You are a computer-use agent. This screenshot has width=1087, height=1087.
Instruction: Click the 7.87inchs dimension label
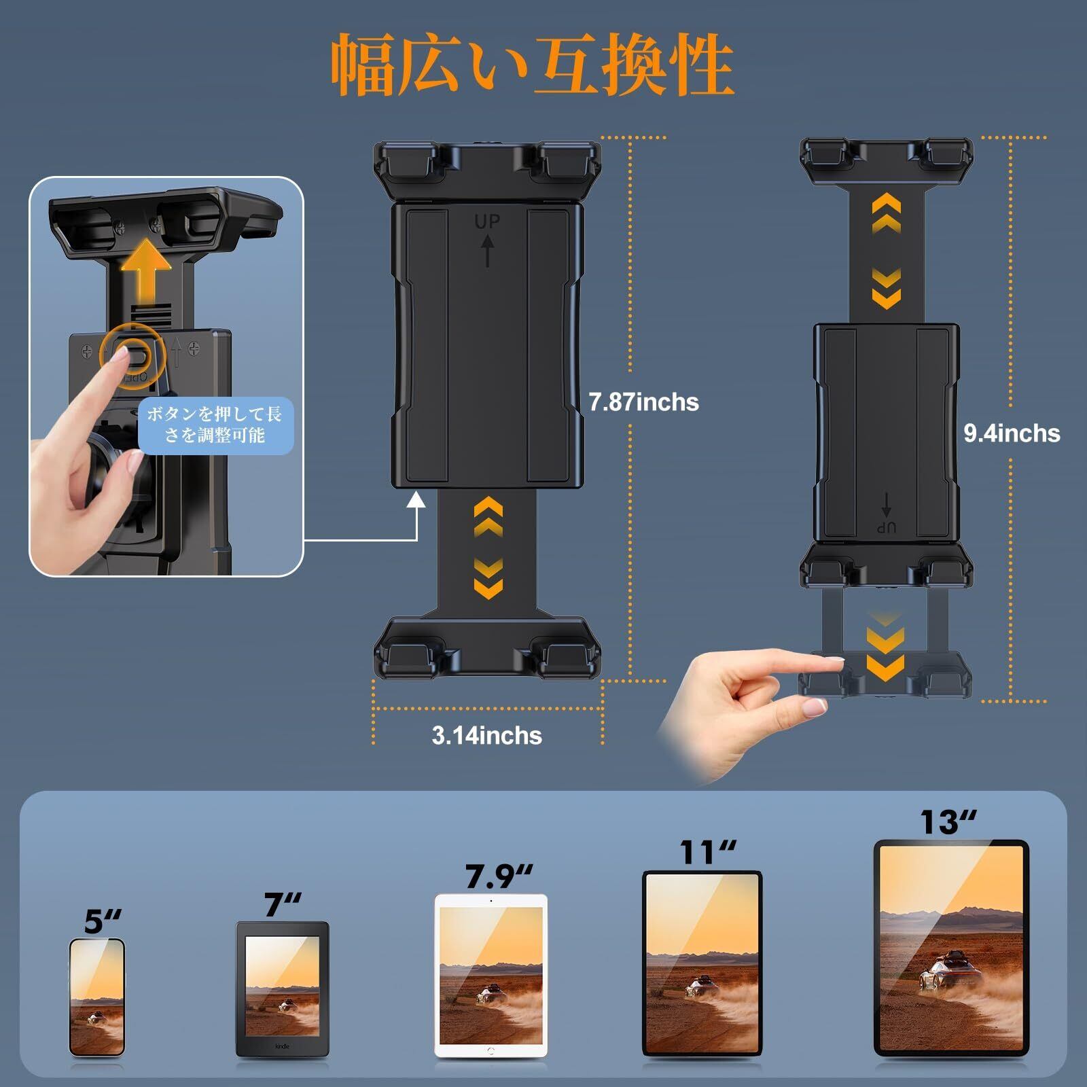[643, 402]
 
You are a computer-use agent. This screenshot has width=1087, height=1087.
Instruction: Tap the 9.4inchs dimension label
[1012, 433]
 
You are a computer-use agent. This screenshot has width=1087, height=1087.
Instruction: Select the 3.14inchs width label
[486, 736]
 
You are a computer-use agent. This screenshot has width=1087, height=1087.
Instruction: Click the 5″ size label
[103, 921]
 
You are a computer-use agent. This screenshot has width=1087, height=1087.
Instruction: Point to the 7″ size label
[282, 904]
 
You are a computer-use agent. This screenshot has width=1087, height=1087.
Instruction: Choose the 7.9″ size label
[499, 876]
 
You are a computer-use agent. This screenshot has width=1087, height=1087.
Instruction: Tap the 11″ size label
[708, 853]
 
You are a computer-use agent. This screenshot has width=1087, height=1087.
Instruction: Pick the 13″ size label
[948, 822]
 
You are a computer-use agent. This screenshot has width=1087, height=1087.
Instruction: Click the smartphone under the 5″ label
[97, 997]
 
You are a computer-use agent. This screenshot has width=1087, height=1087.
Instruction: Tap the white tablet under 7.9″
[491, 976]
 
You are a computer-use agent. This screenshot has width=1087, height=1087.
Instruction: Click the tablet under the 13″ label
[951, 948]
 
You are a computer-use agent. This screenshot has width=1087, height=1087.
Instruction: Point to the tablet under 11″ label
[702, 963]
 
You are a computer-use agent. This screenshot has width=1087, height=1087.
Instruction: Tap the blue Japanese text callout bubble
[215, 425]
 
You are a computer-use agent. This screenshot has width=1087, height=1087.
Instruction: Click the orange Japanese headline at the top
[533, 65]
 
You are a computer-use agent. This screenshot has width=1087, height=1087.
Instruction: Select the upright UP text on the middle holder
[486, 221]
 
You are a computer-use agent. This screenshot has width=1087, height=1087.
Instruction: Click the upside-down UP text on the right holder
[886, 528]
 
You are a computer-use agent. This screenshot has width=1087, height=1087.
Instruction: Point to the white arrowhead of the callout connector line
[416, 500]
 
